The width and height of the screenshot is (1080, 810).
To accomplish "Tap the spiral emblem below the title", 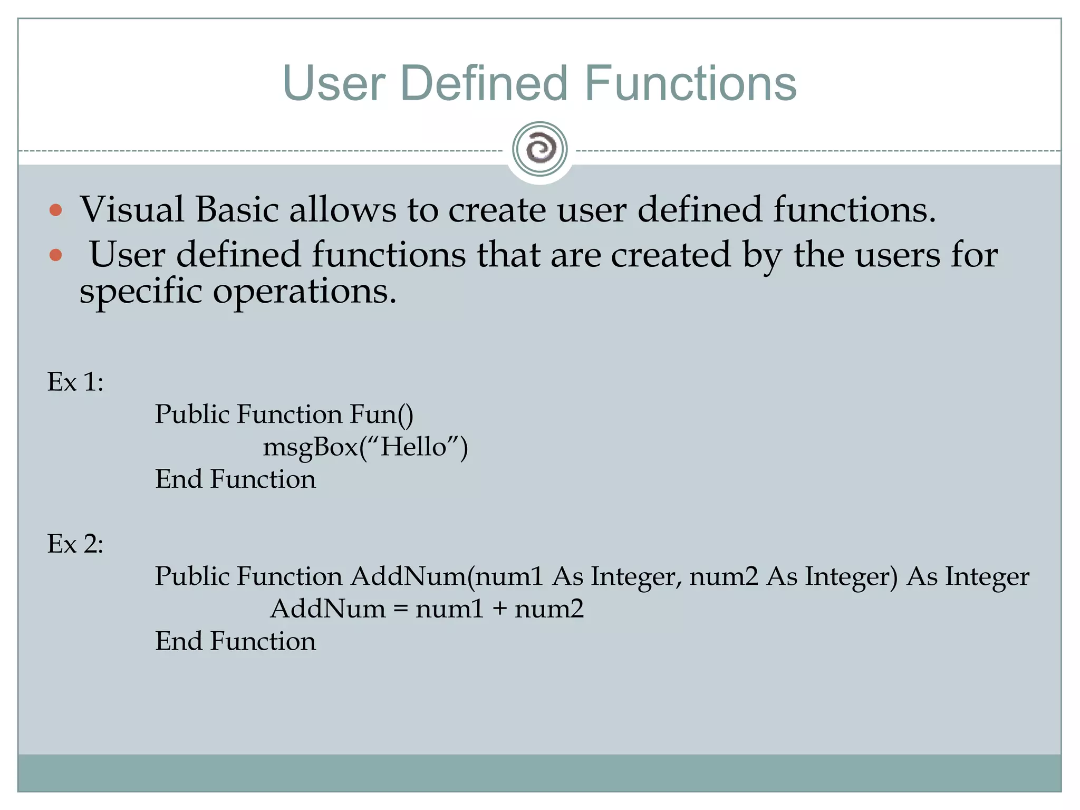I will point(539,149).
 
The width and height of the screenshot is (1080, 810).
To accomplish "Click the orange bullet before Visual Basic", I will point(55,211).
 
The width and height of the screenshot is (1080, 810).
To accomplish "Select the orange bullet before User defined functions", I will point(55,256).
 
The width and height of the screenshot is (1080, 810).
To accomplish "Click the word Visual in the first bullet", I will point(132,210).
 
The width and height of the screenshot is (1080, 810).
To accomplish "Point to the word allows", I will point(343,210).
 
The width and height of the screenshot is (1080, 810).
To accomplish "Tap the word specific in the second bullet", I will point(140,292).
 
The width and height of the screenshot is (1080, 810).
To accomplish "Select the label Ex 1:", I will point(75,382).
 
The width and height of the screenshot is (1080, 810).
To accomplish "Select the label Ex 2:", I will point(75,544).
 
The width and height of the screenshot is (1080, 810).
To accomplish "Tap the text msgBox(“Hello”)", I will point(365,448).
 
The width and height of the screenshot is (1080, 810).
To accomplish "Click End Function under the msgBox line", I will point(235,479).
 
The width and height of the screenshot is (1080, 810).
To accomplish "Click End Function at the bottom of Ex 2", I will point(235,641).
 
